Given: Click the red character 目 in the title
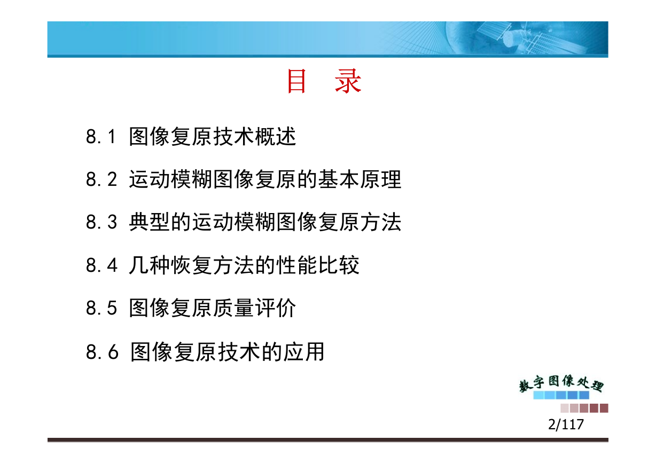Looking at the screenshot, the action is point(297,81).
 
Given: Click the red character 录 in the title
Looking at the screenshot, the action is point(348,81).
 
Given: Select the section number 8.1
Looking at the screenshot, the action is point(101,136).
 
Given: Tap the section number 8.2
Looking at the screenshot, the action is point(101,179).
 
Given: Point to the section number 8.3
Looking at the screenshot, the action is point(101,222).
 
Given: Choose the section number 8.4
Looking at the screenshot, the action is point(101,265).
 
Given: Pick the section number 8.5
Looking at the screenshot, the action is point(101,308).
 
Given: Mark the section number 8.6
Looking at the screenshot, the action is point(102,351).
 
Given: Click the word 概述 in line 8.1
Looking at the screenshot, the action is point(275,136).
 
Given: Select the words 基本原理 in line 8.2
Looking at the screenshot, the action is point(360,179).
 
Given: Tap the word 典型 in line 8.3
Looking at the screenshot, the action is point(150,222).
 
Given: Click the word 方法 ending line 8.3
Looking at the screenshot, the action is point(380,222).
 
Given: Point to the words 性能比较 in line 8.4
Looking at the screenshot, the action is point(317,265).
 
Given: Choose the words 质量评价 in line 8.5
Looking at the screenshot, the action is point(254,308).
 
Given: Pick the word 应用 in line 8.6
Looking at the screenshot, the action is point(303,351).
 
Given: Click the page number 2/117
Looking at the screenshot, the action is point(566,424).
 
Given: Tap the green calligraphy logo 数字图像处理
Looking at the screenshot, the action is point(561,383).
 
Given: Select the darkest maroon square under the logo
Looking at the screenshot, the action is point(604,408).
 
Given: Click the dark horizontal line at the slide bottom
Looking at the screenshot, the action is point(328,439).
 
